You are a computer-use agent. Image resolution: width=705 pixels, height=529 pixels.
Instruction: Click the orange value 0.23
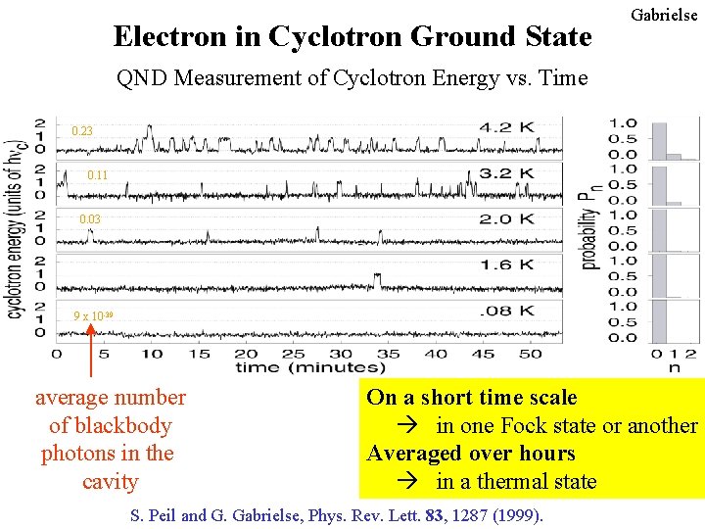(x=83, y=130)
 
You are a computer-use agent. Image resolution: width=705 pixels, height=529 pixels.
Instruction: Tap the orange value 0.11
(x=98, y=175)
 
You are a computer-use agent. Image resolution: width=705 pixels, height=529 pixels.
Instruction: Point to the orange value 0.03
(x=90, y=220)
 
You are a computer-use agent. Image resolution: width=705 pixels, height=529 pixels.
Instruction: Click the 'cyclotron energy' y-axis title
(x=15, y=225)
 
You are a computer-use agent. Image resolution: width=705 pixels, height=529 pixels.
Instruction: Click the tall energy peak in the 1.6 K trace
(x=377, y=280)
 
